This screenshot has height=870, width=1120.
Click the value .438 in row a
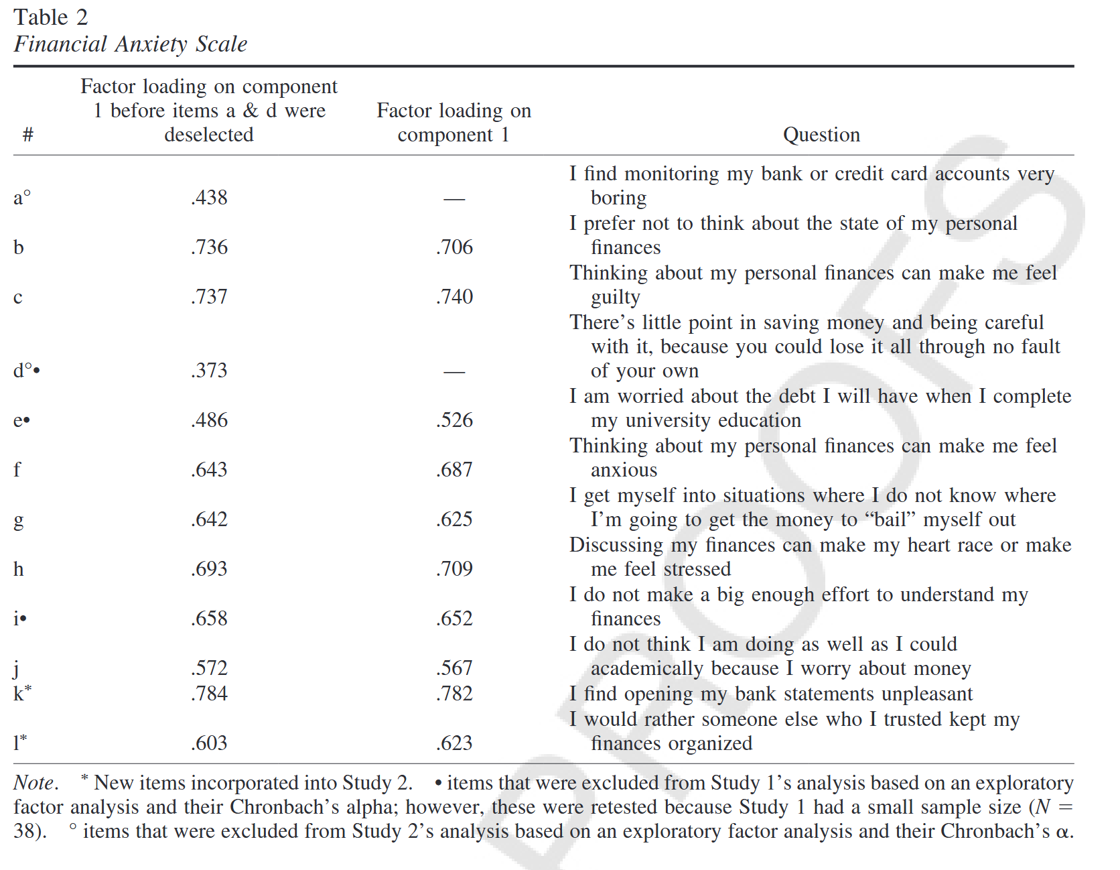(209, 198)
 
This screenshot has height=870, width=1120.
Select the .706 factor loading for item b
(454, 247)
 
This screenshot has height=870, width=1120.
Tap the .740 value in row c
(454, 297)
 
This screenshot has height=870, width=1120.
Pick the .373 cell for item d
(209, 371)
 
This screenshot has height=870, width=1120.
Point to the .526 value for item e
(454, 420)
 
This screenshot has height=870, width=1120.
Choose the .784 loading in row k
(209, 694)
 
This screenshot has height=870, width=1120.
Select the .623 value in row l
(454, 743)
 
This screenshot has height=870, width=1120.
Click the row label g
(18, 520)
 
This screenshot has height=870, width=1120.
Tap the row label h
(18, 569)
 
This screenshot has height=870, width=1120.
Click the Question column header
(821, 135)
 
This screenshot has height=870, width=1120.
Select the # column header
(27, 135)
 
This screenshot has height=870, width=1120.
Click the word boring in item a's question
(618, 198)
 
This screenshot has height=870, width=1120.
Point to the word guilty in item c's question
(615, 298)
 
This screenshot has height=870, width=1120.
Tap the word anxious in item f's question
(624, 470)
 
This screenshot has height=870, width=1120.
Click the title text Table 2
(50, 17)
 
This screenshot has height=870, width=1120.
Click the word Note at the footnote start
(35, 783)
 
